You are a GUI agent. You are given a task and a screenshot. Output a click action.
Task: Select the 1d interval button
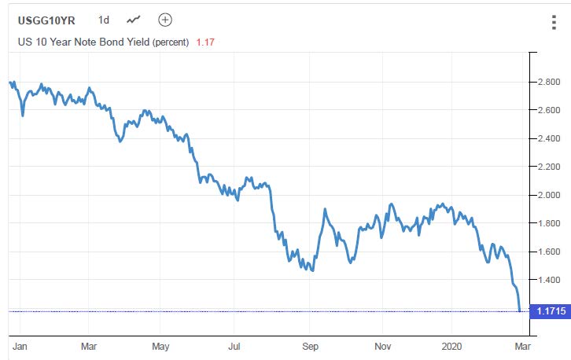point(105,20)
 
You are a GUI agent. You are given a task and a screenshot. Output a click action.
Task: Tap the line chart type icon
point(134,20)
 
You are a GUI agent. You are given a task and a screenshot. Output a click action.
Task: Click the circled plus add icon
point(164,20)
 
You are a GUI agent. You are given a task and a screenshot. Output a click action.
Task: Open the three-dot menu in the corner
point(554,23)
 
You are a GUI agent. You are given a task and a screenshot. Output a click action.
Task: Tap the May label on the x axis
point(160,346)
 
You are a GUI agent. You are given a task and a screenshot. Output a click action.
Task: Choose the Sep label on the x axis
point(310,346)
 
